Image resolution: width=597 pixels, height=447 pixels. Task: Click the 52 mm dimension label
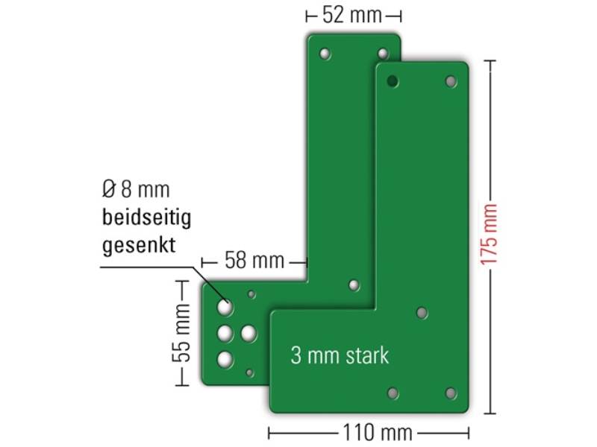click(x=352, y=16)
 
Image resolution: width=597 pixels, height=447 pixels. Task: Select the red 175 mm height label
click(x=490, y=234)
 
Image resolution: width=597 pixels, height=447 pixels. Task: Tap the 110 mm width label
click(x=378, y=433)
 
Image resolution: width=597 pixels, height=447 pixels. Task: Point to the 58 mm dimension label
click(x=254, y=260)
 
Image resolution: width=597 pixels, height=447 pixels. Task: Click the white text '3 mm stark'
click(x=340, y=355)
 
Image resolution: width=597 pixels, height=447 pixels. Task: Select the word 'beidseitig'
click(x=146, y=218)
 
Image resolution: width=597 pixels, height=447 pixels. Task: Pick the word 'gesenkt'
click(x=139, y=245)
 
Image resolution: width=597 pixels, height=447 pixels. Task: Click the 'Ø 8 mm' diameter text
click(x=136, y=190)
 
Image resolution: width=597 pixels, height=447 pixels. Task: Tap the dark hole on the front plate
click(x=393, y=81)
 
